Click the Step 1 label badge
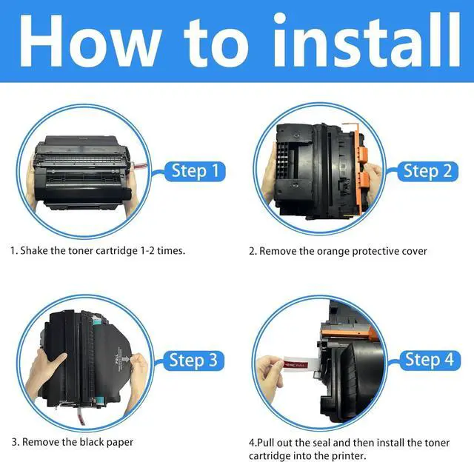[x=195, y=171]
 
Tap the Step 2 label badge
[x=427, y=171]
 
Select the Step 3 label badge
[x=193, y=361]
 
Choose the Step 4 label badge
[x=430, y=360]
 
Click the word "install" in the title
[x=367, y=41]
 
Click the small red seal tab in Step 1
[x=140, y=166]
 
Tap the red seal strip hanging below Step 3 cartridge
[x=81, y=415]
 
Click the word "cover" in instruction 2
[x=414, y=252]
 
